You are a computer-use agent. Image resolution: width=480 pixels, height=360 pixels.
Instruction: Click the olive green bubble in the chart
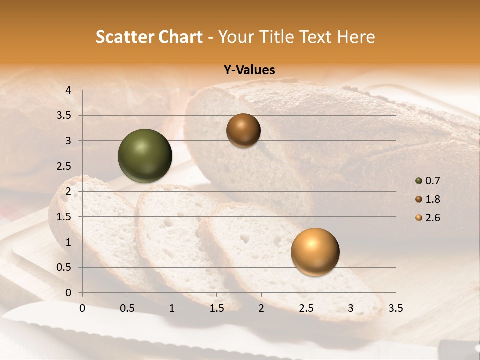145,156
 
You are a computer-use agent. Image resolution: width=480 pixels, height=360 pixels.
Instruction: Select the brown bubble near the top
243,130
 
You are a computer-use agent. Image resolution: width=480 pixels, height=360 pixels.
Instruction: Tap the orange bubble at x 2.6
315,252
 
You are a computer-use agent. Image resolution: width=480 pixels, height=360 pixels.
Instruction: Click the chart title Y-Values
249,70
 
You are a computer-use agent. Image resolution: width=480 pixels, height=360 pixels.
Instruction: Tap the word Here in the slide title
356,37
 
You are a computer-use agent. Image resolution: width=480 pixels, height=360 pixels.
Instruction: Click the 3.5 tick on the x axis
395,308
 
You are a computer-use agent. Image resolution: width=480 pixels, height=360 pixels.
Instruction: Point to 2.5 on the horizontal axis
306,308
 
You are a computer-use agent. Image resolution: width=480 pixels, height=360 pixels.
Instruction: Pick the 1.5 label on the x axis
216,308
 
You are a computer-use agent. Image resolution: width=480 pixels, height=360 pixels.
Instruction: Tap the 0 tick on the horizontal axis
82,308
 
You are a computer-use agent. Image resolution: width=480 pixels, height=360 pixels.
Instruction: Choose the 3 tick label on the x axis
350,308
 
